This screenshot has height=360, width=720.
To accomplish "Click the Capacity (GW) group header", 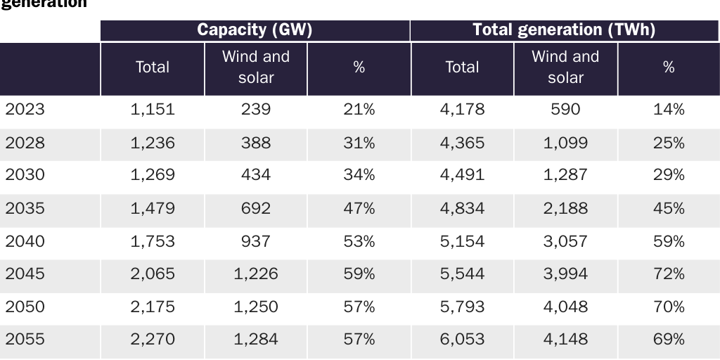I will (255, 30).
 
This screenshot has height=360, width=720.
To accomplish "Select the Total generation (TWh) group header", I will (564, 30).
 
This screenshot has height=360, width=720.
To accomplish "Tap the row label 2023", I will (25, 110).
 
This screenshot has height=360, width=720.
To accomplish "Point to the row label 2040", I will (25, 241).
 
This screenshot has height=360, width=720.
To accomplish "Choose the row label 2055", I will (25, 340).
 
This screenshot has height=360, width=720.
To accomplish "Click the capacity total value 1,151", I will (153, 110).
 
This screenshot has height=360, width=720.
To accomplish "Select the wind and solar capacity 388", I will (256, 143).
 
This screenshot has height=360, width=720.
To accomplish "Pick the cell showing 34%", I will (359, 175).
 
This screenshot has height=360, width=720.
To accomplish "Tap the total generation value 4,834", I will (462, 208).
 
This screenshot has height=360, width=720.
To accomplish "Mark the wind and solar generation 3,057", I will (565, 241).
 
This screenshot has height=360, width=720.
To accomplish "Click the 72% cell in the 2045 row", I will (669, 274).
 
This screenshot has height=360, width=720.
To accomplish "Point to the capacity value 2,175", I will (153, 307).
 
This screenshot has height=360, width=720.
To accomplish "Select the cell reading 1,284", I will (256, 340).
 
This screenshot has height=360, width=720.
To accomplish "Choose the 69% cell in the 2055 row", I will (669, 340).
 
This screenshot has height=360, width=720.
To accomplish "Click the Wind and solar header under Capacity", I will (256, 67).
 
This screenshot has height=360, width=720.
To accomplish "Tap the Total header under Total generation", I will (462, 67).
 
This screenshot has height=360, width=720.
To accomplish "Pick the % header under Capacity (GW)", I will (359, 67).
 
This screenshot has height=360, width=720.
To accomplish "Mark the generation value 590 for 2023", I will (565, 110).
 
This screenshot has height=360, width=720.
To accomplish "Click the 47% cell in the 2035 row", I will (359, 208).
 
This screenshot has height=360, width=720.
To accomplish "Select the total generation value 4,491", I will (462, 175).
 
